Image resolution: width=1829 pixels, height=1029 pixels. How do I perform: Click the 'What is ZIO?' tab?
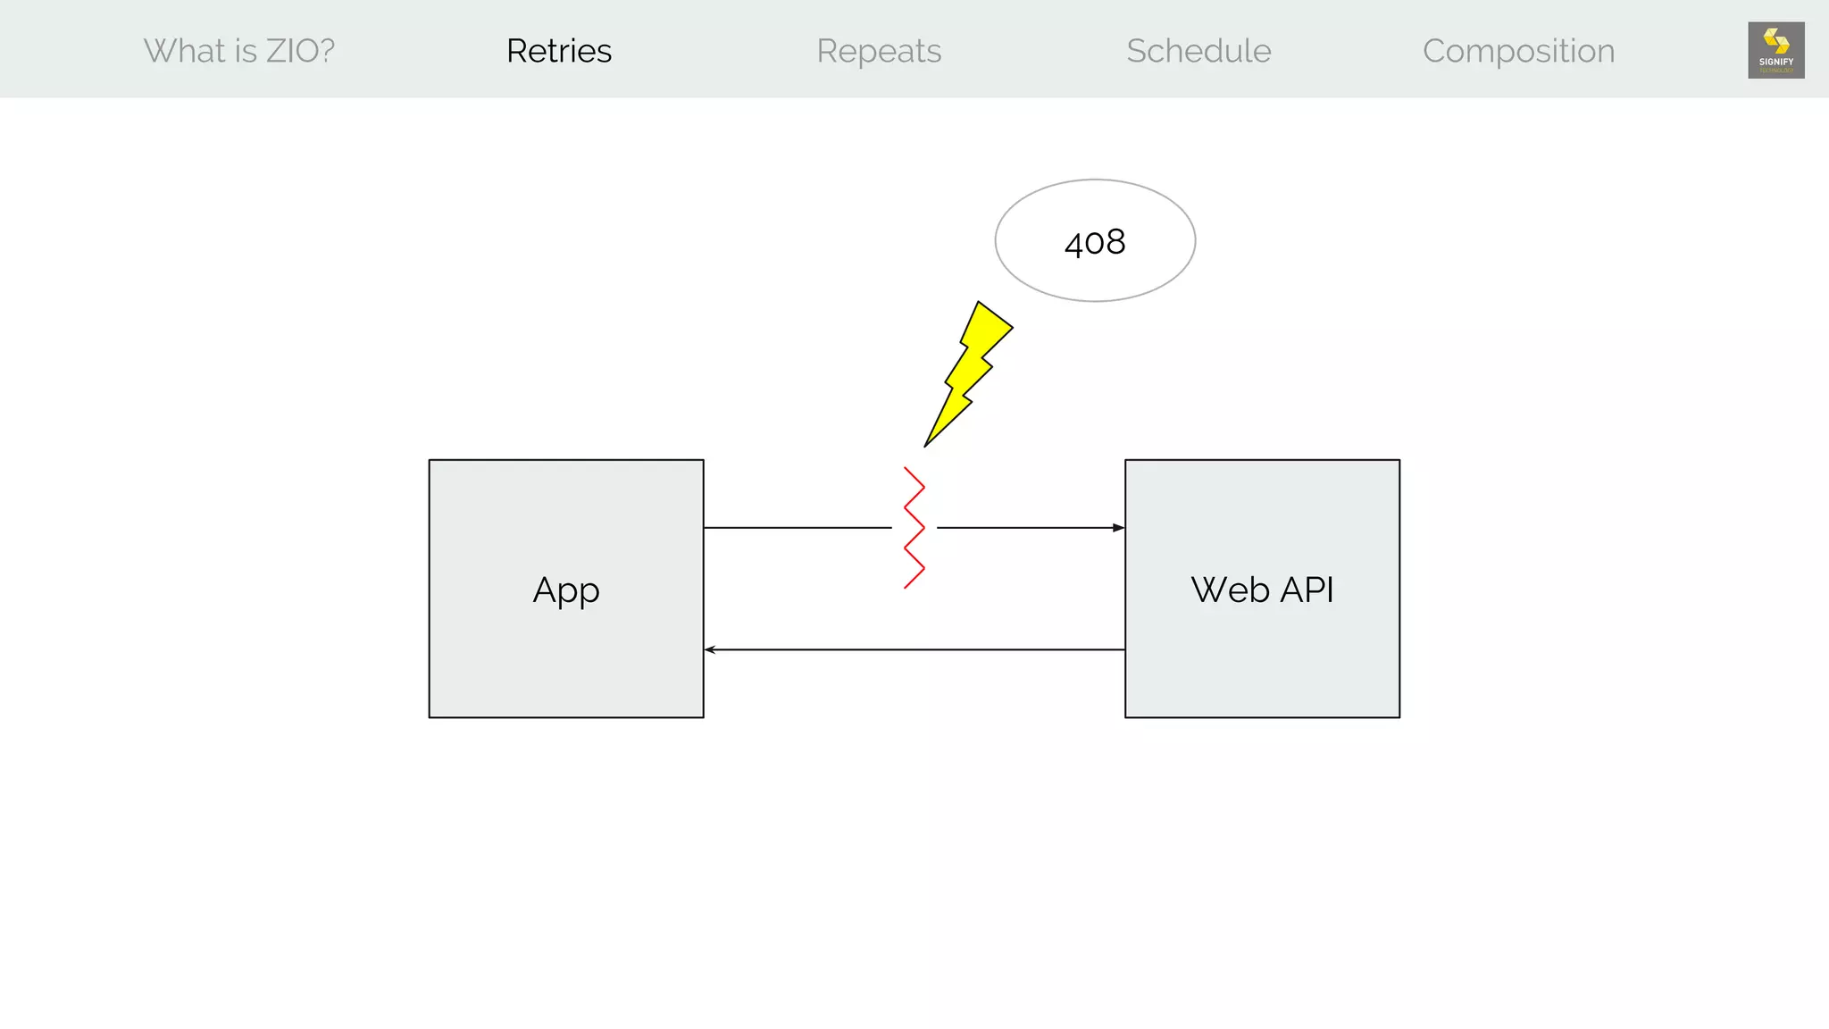(x=238, y=51)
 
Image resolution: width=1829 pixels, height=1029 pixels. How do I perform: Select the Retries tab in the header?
(x=559, y=51)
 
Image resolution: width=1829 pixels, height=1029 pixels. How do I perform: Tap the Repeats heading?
(x=879, y=51)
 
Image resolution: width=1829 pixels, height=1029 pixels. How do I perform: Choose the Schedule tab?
(x=1198, y=51)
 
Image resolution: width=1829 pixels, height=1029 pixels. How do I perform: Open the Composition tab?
(x=1518, y=51)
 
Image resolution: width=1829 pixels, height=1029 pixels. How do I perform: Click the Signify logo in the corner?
(x=1775, y=50)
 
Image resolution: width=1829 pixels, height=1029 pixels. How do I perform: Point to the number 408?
(x=1095, y=242)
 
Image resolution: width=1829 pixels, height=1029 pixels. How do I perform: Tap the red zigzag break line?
(x=914, y=528)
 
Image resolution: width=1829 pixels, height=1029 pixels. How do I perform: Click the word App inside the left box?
(x=566, y=590)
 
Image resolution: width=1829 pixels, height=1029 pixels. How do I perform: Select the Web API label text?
(x=1262, y=590)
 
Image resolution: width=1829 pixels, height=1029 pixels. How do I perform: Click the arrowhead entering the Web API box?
(x=1118, y=528)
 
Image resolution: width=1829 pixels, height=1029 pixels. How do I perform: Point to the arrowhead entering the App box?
(x=711, y=649)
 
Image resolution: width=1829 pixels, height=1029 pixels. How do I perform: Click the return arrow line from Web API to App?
(x=914, y=649)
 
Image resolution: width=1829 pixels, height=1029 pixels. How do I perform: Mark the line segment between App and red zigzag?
(x=797, y=528)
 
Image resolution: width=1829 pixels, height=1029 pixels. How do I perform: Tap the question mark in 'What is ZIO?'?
(x=326, y=51)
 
